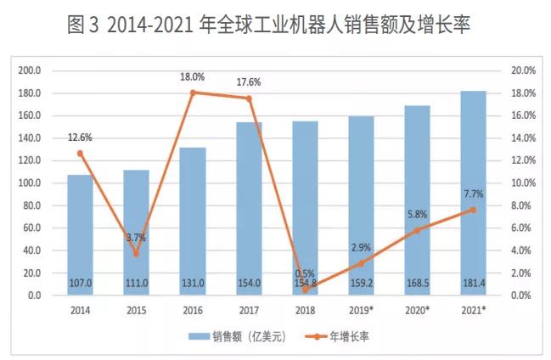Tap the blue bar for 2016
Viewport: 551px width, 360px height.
pyautogui.click(x=192, y=222)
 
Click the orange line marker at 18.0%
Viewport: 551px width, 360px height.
pyautogui.click(x=193, y=93)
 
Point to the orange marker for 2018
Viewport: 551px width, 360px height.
pyautogui.click(x=304, y=290)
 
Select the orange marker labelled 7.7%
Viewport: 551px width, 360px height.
pyautogui.click(x=472, y=209)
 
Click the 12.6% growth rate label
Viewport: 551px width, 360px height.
pyautogui.click(x=80, y=138)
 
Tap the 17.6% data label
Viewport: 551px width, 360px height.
pyautogui.click(x=248, y=82)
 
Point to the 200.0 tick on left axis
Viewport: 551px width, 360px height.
pyautogui.click(x=31, y=70)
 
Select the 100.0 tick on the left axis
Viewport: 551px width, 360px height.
pyautogui.click(x=31, y=183)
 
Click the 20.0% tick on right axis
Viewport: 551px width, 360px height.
pyautogui.click(x=522, y=70)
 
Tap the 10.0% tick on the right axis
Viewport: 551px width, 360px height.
pyautogui.click(x=522, y=183)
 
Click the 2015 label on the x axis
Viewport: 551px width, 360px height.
pyautogui.click(x=136, y=310)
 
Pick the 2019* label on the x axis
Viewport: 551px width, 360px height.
pyautogui.click(x=360, y=310)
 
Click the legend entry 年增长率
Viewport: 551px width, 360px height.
pyautogui.click(x=350, y=336)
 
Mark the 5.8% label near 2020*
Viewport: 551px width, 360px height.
pyautogui.click(x=416, y=216)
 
